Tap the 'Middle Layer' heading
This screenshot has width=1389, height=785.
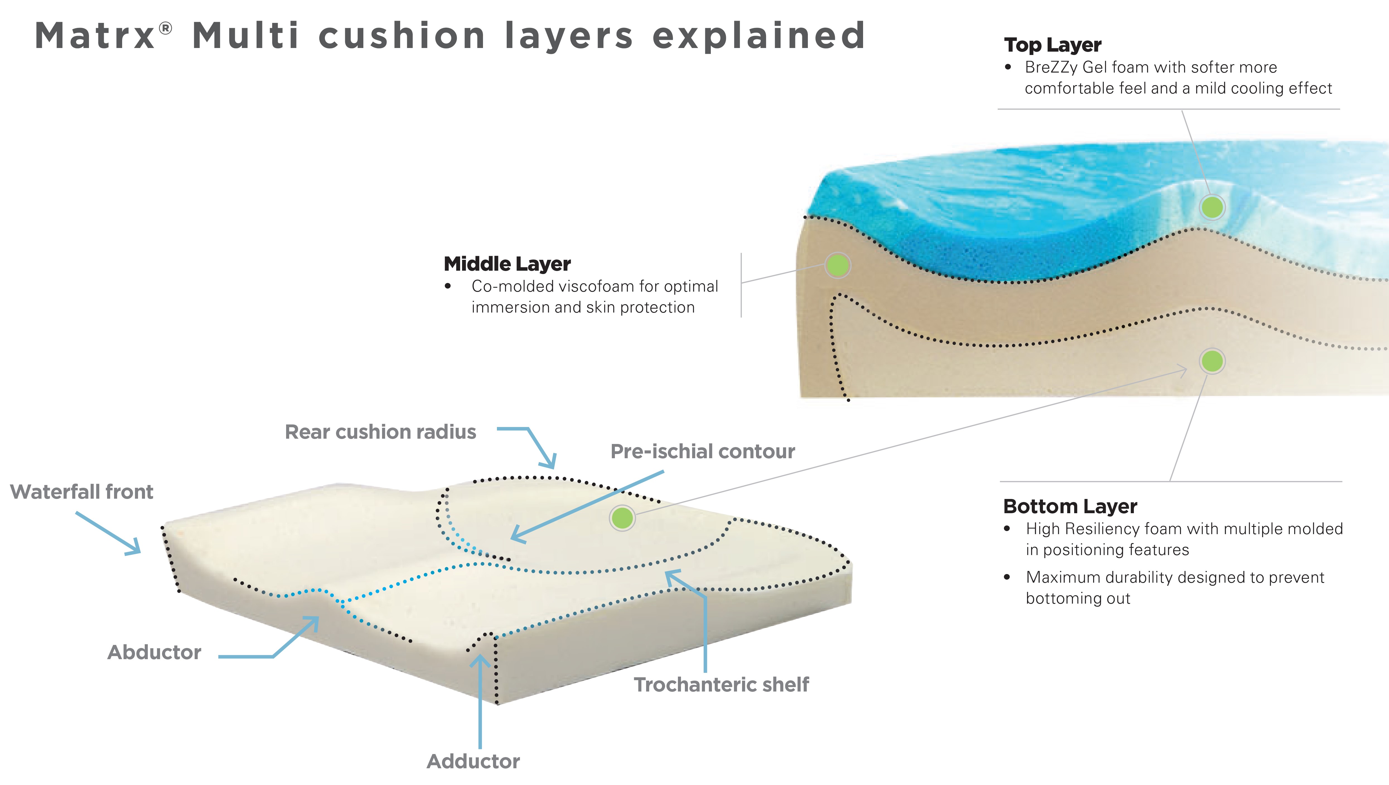507,264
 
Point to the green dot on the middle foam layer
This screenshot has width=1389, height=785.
837,265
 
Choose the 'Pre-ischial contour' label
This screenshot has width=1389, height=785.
702,452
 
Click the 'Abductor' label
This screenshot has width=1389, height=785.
154,652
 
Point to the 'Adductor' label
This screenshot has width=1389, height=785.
473,761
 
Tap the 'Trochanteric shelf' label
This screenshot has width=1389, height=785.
721,685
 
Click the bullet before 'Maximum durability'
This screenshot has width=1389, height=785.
1007,577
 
